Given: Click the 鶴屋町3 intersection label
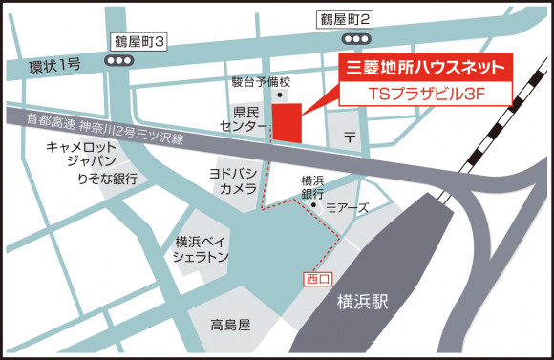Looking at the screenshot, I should pos(139,41).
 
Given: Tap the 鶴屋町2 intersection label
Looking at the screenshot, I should pos(345,18).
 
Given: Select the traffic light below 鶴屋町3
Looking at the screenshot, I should pos(119,60).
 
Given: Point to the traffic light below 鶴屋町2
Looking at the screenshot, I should pos(355,39).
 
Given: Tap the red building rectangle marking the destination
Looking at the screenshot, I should pos(287,122).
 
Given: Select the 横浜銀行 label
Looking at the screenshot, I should pos(314,186).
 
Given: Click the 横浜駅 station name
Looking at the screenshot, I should pos(363,303).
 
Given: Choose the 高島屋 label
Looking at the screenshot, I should pos(230,325).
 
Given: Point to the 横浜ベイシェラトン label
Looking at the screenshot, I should pos(202,249).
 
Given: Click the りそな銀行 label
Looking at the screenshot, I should pos(108,178).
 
